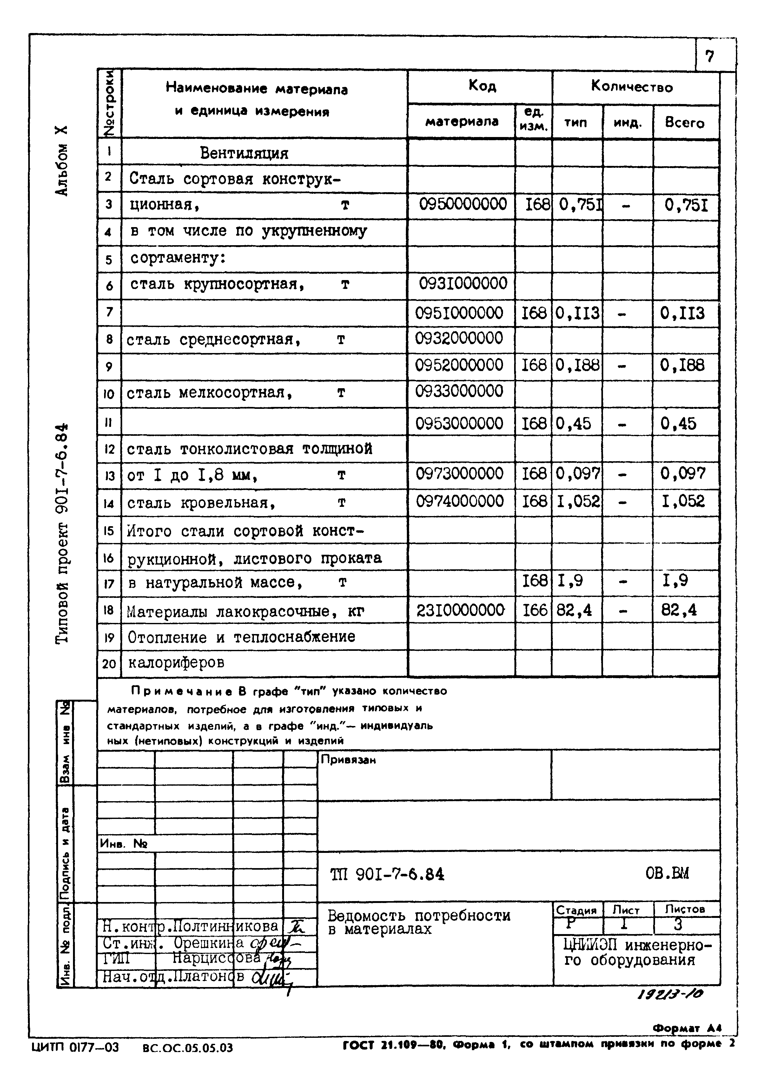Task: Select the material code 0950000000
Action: tap(462, 204)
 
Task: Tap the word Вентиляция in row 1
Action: tap(244, 153)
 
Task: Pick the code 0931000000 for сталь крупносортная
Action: tap(462, 284)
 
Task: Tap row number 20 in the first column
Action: tap(109, 664)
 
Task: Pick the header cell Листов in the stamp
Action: tap(685, 909)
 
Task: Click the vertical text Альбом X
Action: tap(62, 161)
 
